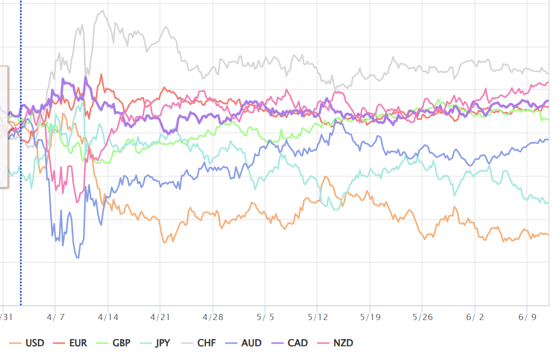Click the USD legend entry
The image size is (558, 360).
pyautogui.click(x=27, y=343)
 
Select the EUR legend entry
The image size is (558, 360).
pyautogui.click(x=70, y=343)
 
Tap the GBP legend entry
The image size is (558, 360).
pyautogui.click(x=114, y=343)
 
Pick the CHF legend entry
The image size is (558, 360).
pyautogui.click(x=199, y=343)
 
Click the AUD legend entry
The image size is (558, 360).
pyautogui.click(x=243, y=343)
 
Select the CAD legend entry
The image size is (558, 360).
pyautogui.click(x=290, y=343)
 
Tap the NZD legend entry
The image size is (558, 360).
pyautogui.click(x=335, y=343)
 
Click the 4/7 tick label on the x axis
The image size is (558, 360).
pyautogui.click(x=55, y=317)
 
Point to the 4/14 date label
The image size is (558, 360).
pyautogui.click(x=108, y=317)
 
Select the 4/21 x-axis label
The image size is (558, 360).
pyautogui.click(x=160, y=317)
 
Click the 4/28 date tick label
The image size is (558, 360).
pyautogui.click(x=213, y=317)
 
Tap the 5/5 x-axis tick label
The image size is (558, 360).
pyautogui.click(x=265, y=317)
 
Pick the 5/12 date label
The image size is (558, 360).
pyautogui.click(x=318, y=317)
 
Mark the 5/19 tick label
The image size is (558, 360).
pyautogui.click(x=370, y=317)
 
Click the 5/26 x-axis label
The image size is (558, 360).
pyautogui.click(x=422, y=317)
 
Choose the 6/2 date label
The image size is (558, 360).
pyautogui.click(x=474, y=317)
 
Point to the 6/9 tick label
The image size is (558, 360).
pyautogui.click(x=527, y=317)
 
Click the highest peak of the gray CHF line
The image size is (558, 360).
pyautogui.click(x=103, y=10)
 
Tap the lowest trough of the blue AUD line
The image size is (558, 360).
pyautogui.click(x=78, y=258)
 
